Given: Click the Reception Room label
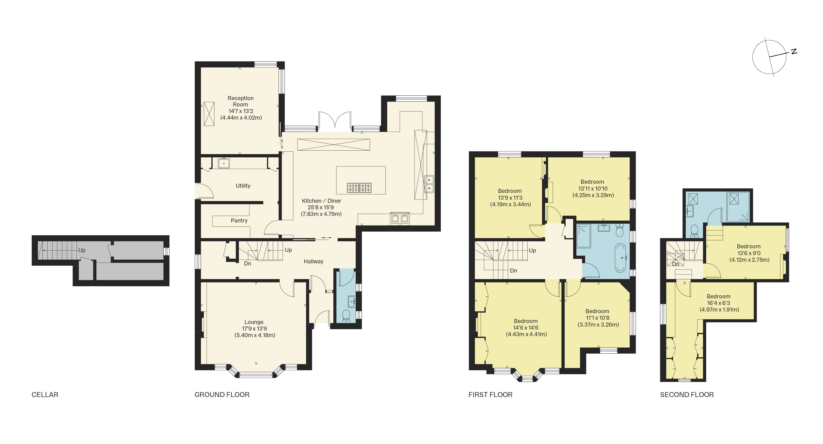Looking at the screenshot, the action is [x=240, y=101].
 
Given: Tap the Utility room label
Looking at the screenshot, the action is [x=243, y=186].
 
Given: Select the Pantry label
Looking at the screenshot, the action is [x=239, y=220].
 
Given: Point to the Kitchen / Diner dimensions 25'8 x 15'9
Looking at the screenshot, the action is [x=320, y=207].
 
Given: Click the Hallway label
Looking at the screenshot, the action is [x=313, y=261].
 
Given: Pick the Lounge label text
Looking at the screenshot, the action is [x=254, y=322].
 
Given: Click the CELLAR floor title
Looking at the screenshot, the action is [x=45, y=394].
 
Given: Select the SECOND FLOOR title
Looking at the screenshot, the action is [x=687, y=394].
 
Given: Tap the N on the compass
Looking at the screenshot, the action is [x=794, y=51].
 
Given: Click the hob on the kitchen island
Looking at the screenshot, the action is [x=359, y=187].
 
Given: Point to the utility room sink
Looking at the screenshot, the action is [x=224, y=163].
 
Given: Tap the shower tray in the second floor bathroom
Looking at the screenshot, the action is [x=738, y=207].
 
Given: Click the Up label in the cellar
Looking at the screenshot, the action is [x=82, y=250].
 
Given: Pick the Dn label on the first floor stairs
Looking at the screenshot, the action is [x=513, y=270].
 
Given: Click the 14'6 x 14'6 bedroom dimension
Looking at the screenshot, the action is [x=526, y=327].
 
